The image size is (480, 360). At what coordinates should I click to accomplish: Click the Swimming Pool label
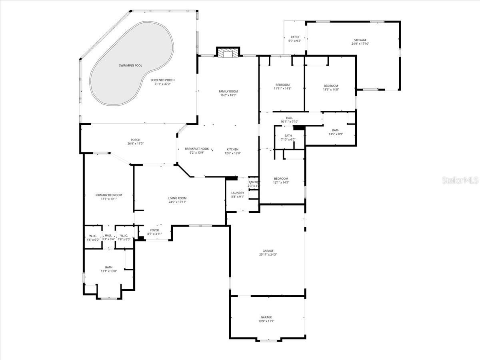click(130, 65)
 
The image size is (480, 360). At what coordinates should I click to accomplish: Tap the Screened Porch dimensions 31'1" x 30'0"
click(162, 84)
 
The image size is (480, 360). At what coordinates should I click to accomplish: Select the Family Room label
click(228, 91)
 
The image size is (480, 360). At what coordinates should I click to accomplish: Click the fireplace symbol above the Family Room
click(228, 53)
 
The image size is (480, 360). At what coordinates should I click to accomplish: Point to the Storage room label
click(360, 40)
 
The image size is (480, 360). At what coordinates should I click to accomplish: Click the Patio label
click(295, 37)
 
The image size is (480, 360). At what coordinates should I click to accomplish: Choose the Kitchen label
click(232, 149)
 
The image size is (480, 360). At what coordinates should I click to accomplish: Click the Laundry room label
click(238, 193)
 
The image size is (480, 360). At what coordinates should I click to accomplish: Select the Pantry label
click(254, 182)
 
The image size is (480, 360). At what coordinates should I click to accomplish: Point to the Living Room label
click(177, 198)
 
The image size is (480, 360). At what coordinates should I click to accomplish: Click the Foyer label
click(154, 230)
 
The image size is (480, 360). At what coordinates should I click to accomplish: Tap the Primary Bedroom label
click(109, 195)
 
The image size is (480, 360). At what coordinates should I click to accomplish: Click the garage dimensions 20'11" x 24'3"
click(268, 254)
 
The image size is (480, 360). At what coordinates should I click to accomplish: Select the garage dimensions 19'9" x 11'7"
click(266, 321)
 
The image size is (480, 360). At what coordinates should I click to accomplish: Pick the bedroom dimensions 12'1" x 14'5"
click(281, 182)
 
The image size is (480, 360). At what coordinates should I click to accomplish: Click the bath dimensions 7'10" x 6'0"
click(288, 140)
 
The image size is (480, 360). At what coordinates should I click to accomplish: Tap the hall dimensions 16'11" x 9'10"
click(290, 122)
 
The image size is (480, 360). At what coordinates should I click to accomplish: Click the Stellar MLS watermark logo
click(460, 180)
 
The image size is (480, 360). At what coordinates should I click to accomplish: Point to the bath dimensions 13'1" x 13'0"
click(109, 271)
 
